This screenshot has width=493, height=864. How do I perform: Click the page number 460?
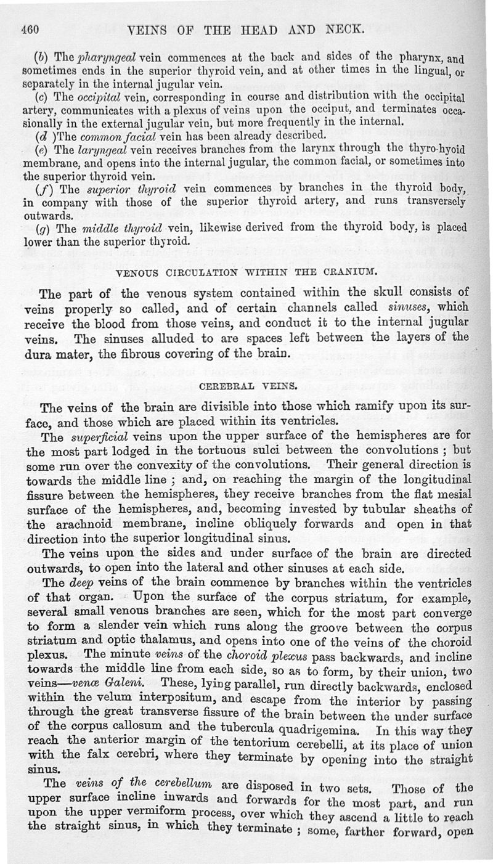pos(30,28)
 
